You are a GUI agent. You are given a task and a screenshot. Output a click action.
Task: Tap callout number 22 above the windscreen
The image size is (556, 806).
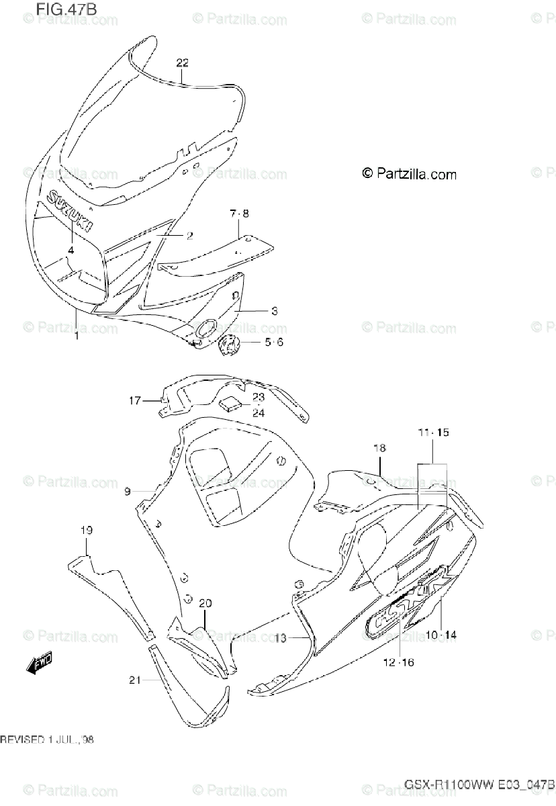[183, 63]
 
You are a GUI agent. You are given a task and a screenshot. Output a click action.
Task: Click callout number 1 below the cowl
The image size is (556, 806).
[77, 335]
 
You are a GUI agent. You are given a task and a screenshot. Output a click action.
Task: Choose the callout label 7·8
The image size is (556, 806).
[239, 214]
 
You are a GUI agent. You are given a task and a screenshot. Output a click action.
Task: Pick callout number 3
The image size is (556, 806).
[274, 311]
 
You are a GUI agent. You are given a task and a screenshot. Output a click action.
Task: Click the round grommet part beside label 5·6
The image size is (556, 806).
[230, 347]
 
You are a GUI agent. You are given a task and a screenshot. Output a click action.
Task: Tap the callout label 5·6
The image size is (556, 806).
[274, 342]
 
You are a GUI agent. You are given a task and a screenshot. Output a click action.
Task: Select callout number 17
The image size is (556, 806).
[135, 401]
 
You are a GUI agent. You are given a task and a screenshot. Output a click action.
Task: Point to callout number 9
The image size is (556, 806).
[126, 492]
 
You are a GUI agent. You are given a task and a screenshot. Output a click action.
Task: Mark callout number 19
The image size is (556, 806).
[86, 531]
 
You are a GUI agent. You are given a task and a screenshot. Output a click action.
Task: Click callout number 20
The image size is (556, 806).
[205, 602]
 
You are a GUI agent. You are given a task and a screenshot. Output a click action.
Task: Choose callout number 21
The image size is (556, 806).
[134, 680]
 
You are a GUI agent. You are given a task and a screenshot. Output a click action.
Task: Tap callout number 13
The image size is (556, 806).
[281, 637]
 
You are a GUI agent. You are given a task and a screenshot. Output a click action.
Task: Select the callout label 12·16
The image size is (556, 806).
[400, 662]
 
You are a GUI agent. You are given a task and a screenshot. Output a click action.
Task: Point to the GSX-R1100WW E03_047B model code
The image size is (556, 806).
[479, 785]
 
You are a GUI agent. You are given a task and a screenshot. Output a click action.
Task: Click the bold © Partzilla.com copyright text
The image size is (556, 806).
[409, 174]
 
